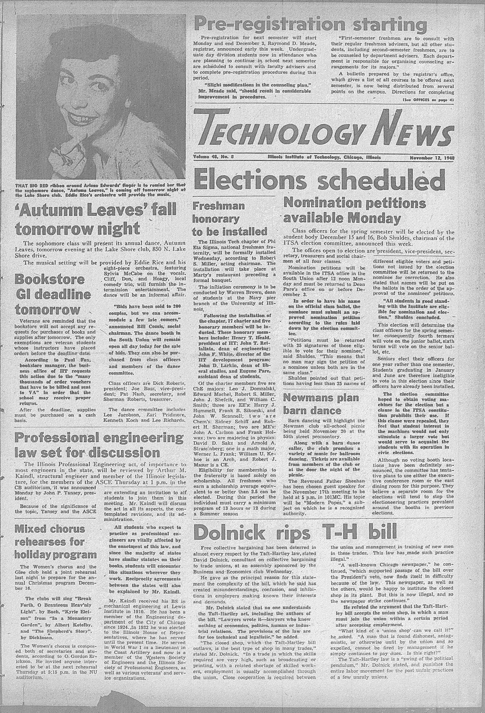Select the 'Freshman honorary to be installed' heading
[229, 219]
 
